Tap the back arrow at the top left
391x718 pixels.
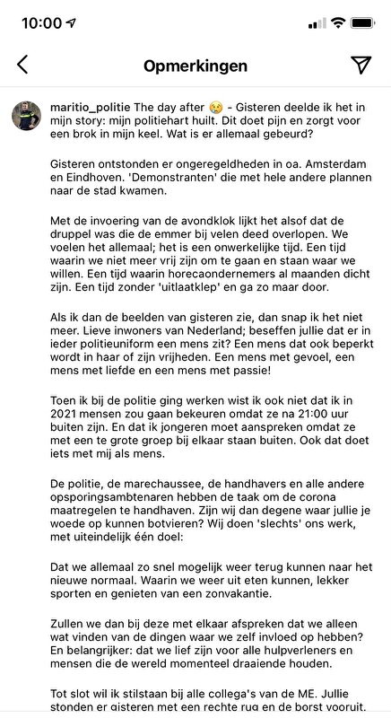(22, 65)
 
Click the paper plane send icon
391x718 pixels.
(361, 65)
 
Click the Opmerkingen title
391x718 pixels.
(195, 66)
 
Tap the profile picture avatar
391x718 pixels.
(26, 116)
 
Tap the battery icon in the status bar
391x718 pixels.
(364, 22)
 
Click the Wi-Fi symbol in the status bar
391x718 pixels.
(337, 22)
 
